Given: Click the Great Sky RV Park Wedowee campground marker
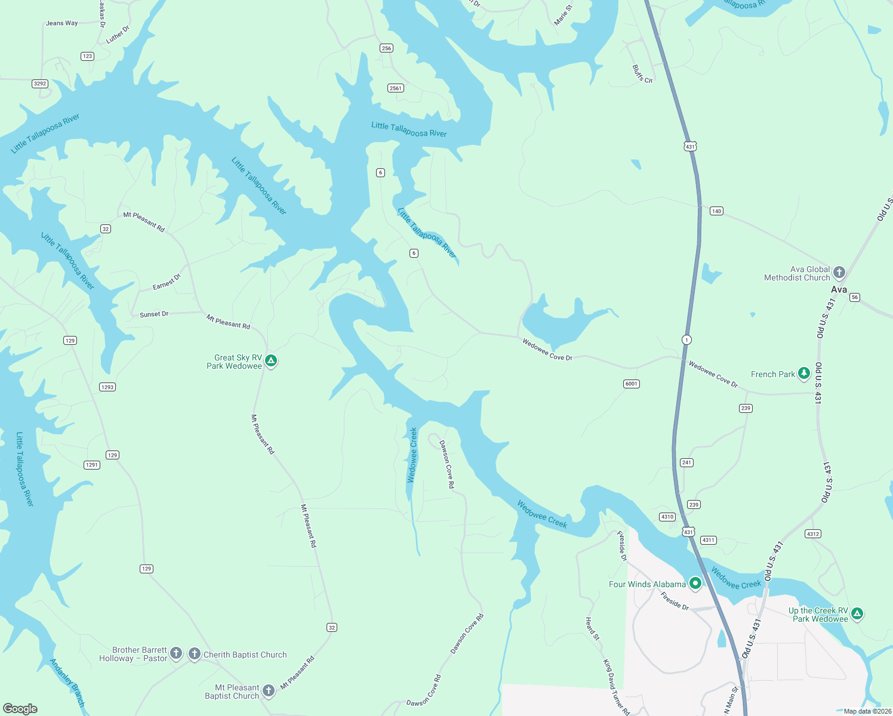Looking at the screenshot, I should [271, 360].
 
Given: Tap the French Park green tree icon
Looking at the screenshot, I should [804, 374].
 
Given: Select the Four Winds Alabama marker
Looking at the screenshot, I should [695, 583].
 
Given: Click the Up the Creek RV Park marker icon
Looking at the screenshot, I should [857, 613].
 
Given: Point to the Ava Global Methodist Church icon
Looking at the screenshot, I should [839, 273].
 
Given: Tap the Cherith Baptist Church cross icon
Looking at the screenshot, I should [195, 654].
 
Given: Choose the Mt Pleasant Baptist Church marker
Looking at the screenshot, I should [269, 691].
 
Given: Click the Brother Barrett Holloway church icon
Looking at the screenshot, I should [176, 653].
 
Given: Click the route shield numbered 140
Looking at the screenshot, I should [716, 211].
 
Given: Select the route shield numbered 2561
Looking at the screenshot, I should [396, 88].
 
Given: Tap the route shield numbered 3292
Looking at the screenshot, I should [40, 84].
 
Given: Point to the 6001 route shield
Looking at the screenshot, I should [632, 384].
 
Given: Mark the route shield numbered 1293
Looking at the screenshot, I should [107, 387].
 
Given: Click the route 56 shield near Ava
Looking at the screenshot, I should [855, 297].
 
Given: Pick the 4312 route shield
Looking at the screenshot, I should [812, 533].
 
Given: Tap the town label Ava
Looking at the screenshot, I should [839, 289].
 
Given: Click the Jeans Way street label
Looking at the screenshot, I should [62, 23].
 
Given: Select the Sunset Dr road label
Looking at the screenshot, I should [154, 314].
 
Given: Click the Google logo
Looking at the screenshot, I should [20, 708].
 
